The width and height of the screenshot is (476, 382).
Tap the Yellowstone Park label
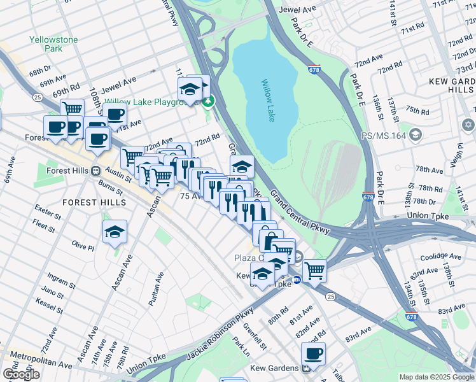(x=53, y=44)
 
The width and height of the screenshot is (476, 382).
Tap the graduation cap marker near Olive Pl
(x=115, y=232)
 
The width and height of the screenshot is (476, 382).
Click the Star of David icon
(x=468, y=124)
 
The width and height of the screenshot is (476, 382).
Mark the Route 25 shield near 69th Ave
(x=38, y=97)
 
